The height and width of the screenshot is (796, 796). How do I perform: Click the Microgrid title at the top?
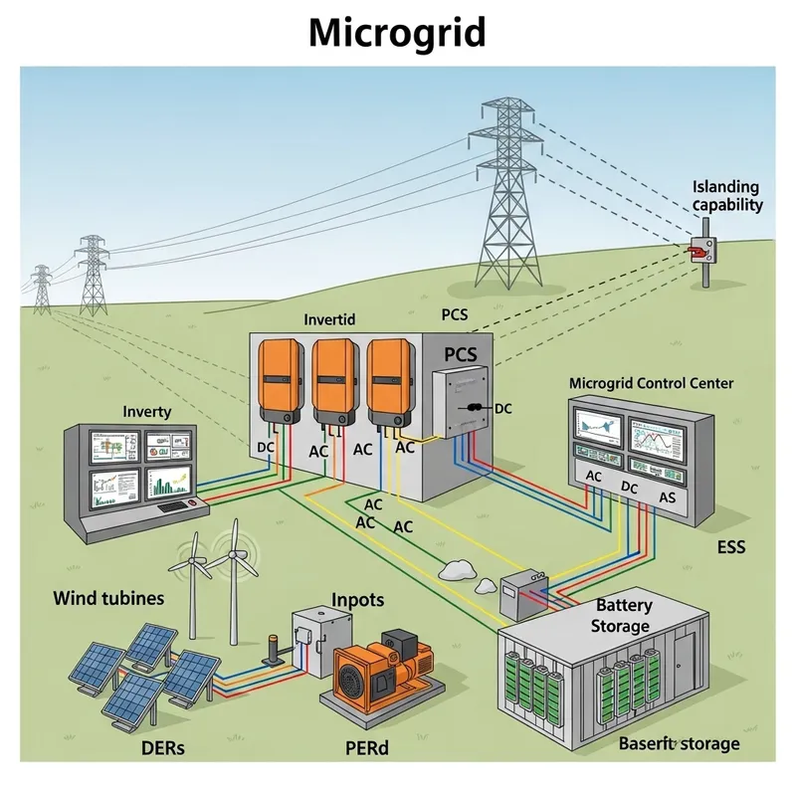(397, 33)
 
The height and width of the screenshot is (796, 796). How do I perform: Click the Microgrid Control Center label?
(651, 383)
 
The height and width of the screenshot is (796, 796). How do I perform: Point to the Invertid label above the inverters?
(328, 320)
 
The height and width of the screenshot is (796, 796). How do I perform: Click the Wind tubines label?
(108, 599)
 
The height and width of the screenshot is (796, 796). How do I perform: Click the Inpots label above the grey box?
(357, 601)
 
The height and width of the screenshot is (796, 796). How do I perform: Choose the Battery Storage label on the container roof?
(621, 616)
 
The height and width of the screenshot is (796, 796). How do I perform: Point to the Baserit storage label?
(680, 744)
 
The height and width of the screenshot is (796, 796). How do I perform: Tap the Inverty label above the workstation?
(147, 411)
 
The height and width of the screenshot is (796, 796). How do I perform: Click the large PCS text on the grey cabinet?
(460, 354)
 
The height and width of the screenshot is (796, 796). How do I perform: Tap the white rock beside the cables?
(458, 570)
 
